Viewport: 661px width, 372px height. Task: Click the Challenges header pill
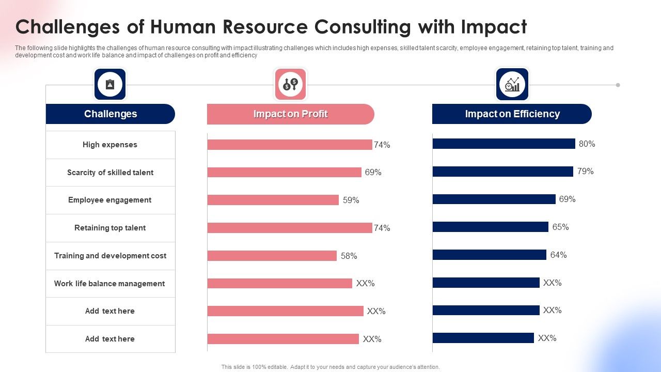point(110,114)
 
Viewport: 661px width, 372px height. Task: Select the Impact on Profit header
point(290,114)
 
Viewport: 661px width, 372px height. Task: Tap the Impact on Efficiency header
point(512,114)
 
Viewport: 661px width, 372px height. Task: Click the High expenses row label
point(110,145)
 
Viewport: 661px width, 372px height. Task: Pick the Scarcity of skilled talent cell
point(110,173)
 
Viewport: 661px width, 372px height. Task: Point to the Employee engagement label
point(110,200)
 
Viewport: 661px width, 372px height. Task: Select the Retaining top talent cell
point(110,228)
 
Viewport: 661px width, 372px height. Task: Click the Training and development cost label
point(110,256)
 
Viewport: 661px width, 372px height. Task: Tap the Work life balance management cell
point(110,284)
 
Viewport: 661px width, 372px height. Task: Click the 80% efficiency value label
point(587,144)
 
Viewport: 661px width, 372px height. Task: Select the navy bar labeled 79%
point(502,172)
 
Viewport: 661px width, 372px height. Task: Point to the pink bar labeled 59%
point(273,200)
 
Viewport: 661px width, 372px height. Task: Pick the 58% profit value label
point(349,256)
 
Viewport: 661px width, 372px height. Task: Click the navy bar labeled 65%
point(490,227)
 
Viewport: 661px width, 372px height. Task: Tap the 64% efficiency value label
point(558,255)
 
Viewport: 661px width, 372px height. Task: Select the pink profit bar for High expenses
point(289,145)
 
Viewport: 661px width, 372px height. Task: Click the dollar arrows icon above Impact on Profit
point(290,84)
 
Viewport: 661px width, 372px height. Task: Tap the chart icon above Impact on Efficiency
point(512,84)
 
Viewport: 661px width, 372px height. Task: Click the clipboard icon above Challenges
point(110,84)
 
